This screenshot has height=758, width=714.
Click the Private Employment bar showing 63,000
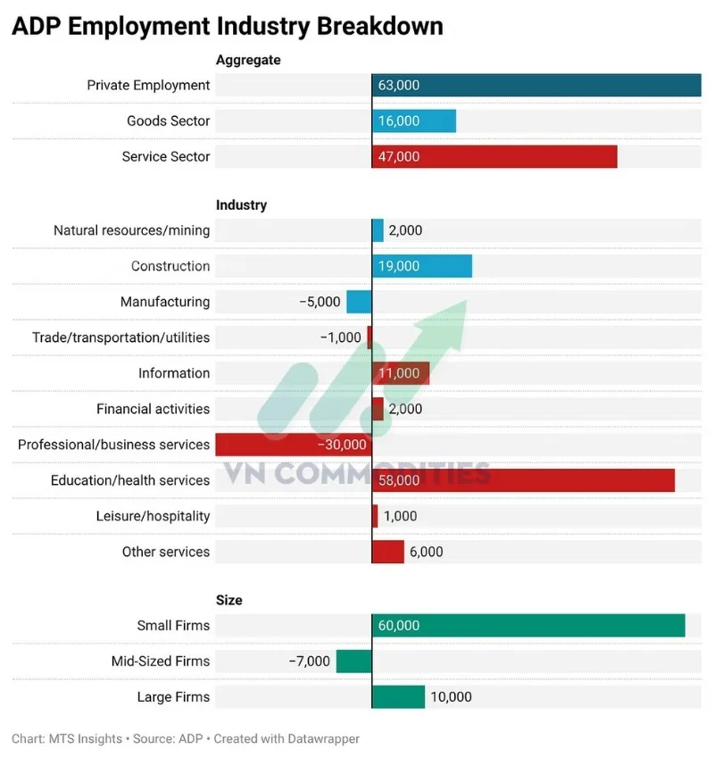click(x=535, y=86)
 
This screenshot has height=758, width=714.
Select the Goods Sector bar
click(x=414, y=121)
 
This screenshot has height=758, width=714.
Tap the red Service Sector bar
click(x=494, y=157)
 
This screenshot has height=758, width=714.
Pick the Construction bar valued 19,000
click(x=422, y=266)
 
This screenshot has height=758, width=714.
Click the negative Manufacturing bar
click(x=359, y=302)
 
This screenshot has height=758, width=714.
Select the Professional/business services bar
click(x=294, y=445)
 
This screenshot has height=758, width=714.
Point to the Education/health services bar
click(x=523, y=480)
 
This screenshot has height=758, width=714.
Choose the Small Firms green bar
click(x=528, y=626)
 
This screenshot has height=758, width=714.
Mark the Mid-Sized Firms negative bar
click(x=353, y=662)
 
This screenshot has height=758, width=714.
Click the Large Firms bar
click(x=398, y=697)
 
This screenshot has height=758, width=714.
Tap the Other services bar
click(x=388, y=552)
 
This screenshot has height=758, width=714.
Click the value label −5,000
click(x=320, y=302)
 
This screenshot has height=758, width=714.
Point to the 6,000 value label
click(x=426, y=552)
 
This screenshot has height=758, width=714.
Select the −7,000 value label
click(x=310, y=662)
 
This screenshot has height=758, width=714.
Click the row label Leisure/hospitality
click(x=153, y=516)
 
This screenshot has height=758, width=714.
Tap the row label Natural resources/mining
click(x=132, y=230)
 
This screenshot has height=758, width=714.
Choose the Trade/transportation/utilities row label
click(x=121, y=337)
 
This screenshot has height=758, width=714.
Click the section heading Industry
click(x=241, y=205)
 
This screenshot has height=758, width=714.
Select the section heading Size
click(x=229, y=601)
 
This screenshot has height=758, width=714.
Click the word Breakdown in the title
click(x=379, y=26)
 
